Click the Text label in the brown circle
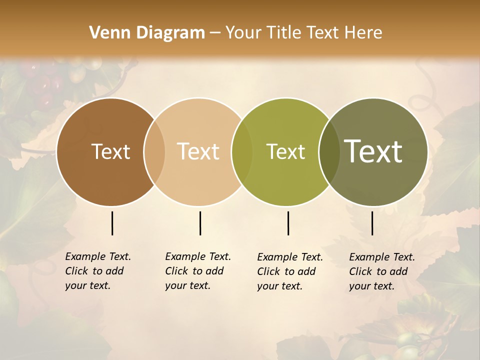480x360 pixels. pyautogui.click(x=110, y=151)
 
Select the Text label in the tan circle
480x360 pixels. pyautogui.click(x=198, y=151)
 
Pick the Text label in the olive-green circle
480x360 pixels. pyautogui.click(x=285, y=151)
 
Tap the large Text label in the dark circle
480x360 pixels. pyautogui.click(x=373, y=151)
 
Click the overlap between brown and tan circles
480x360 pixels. pyautogui.click(x=154, y=152)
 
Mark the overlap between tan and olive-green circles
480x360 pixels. pyautogui.click(x=242, y=152)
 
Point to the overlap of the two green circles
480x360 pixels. pyautogui.click(x=329, y=152)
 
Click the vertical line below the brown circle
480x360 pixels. pyautogui.click(x=112, y=223)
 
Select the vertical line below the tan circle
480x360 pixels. pyautogui.click(x=200, y=223)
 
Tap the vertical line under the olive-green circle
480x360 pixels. pyautogui.click(x=288, y=223)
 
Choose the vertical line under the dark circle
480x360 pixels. pyautogui.click(x=372, y=223)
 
